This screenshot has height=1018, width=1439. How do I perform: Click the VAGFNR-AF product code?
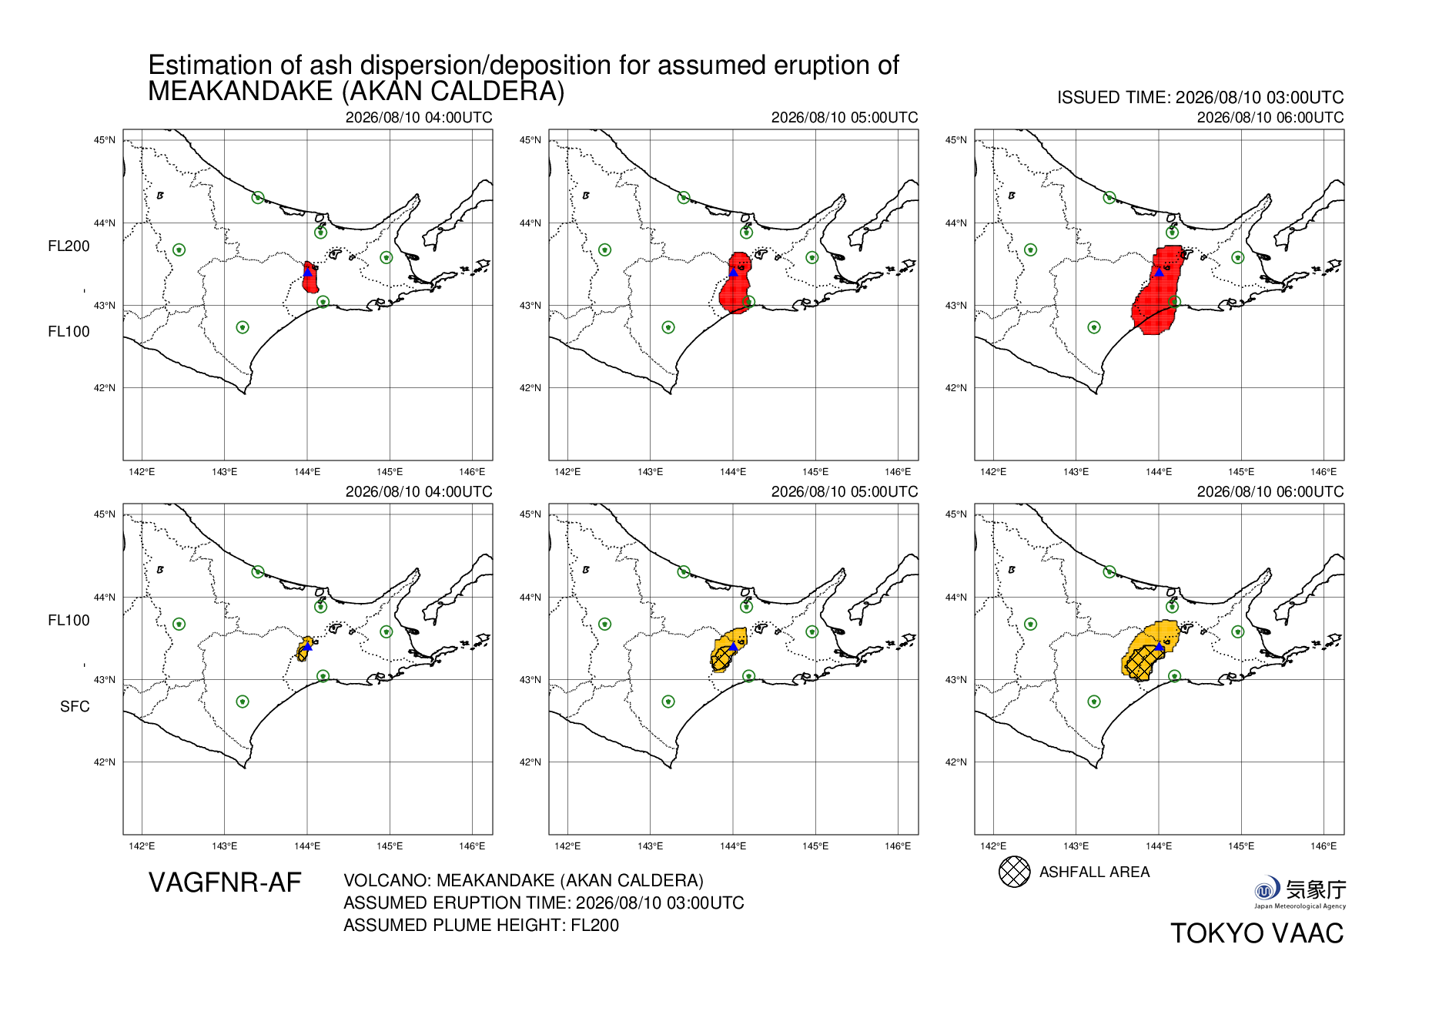pos(225,882)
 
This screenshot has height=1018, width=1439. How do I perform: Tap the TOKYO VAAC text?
pos(1257,933)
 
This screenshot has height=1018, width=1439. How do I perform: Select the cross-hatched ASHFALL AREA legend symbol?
pos(1014,872)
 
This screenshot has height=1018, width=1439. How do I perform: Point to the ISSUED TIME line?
pos(1200,98)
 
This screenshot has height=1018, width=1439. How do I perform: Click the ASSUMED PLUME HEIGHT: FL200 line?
pos(481,925)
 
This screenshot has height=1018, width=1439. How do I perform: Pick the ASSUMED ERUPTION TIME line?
pos(544,902)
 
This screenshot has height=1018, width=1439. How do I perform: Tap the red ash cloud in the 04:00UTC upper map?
pos(310,278)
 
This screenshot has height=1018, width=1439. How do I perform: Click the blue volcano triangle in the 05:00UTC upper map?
pos(733,272)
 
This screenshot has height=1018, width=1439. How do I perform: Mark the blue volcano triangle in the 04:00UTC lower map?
pos(307,646)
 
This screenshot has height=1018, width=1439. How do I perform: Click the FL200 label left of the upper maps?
pos(69,246)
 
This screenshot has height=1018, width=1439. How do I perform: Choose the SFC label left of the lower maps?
pos(75,707)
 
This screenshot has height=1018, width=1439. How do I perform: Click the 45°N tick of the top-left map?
pos(105,140)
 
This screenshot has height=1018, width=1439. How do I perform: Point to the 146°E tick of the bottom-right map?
pos(1324,846)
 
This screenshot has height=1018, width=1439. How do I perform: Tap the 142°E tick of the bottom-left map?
pos(142,846)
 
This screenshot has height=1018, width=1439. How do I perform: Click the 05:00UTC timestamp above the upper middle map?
pos(845,117)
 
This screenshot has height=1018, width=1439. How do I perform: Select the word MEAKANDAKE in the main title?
pos(240,92)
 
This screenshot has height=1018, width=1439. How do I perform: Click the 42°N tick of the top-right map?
pos(956,388)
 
